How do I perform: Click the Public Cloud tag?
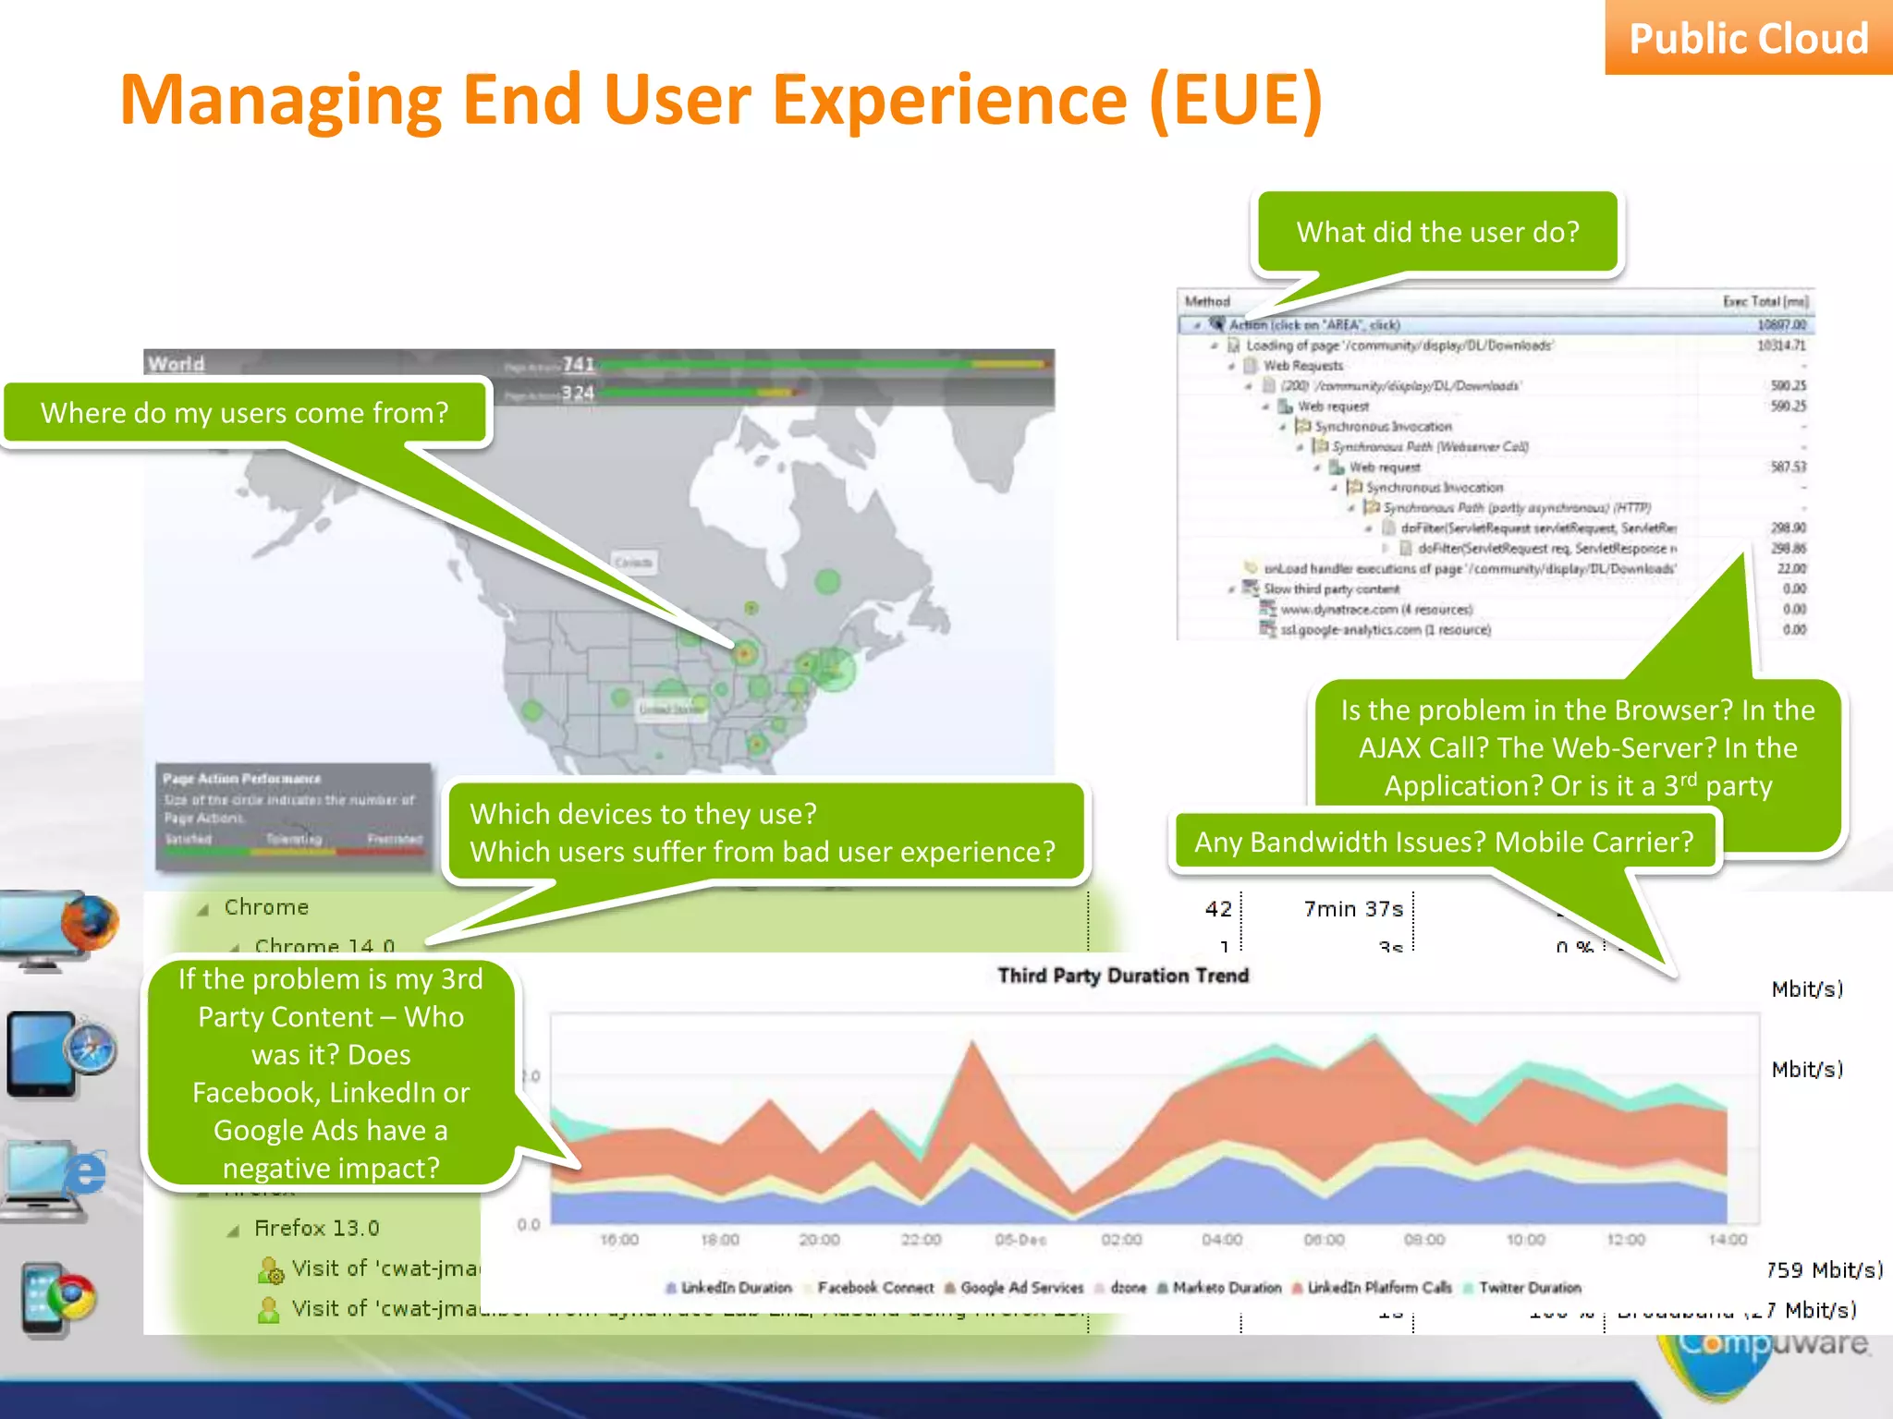coord(1748,39)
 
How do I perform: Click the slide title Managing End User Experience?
coord(721,100)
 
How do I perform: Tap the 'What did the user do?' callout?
coord(1437,232)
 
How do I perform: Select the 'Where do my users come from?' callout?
coord(245,412)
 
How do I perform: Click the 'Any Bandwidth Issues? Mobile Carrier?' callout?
coord(1444,842)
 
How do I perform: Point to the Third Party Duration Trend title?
coord(1123,976)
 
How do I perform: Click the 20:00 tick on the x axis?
coord(819,1240)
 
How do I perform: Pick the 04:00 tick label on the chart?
coord(1222,1240)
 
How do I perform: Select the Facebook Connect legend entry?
coord(874,1288)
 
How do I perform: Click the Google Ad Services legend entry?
coord(1020,1288)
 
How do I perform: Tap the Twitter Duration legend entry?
coord(1529,1288)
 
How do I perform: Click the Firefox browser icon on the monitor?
coord(90,922)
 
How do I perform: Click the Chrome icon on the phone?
coord(71,1298)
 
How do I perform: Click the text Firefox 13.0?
coord(316,1228)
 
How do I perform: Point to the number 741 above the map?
coord(579,364)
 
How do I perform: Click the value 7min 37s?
coord(1353,909)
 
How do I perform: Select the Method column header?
coord(1207,301)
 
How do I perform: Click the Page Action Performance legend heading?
coord(242,779)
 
